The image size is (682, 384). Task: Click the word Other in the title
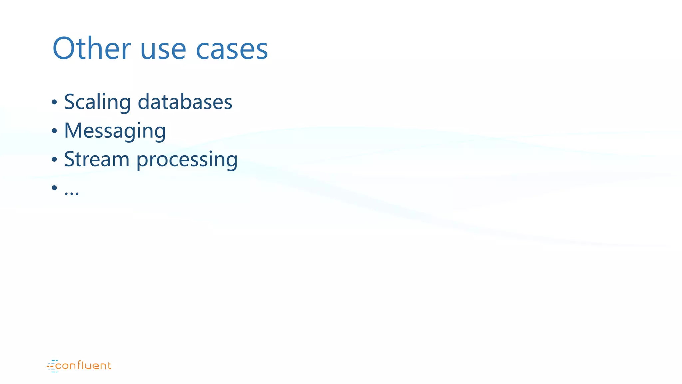pos(92,49)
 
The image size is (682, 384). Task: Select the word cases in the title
pos(232,50)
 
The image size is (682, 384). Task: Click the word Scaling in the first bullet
pos(97,102)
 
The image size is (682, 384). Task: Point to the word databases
pos(185,102)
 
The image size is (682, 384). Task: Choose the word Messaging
pos(115,131)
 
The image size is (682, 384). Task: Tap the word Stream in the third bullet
pos(97,159)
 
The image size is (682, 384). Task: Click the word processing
pos(187,160)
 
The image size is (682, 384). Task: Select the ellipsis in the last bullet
pos(72,193)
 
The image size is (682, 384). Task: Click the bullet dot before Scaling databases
pos(55,102)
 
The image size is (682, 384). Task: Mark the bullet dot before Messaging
pos(55,131)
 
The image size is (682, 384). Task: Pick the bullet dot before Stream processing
pos(55,160)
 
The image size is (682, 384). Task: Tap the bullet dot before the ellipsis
pos(55,188)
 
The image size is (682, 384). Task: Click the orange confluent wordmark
pos(83,366)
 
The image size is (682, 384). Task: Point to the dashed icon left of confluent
pos(52,366)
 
